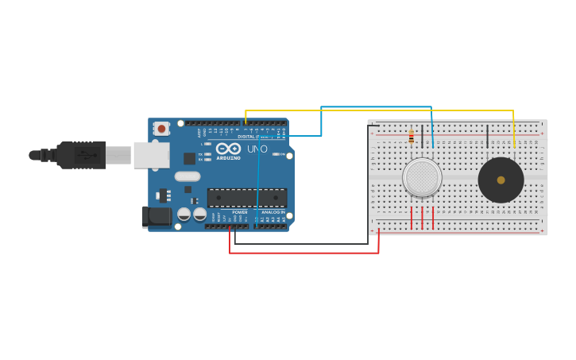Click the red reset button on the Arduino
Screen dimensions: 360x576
(161, 128)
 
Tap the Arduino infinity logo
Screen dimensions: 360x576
(227, 149)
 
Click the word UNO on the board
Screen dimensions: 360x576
(257, 149)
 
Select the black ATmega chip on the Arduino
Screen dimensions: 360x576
(246, 198)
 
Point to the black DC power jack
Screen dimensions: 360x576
(157, 216)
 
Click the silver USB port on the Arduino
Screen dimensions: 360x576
(151, 155)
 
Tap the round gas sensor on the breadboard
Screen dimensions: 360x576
(422, 177)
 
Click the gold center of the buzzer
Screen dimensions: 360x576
(501, 180)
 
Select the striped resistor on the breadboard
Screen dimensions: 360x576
(411, 137)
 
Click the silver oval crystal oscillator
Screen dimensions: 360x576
(187, 176)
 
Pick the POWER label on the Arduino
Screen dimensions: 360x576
(240, 212)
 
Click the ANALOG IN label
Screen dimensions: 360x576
(273, 212)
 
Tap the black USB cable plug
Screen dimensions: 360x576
(79, 155)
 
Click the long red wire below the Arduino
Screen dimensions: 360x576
(302, 253)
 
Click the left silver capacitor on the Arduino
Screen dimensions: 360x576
(184, 214)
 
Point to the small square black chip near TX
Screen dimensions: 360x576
(189, 158)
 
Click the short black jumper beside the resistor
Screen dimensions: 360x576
(422, 134)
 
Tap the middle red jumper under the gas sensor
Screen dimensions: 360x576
(422, 218)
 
